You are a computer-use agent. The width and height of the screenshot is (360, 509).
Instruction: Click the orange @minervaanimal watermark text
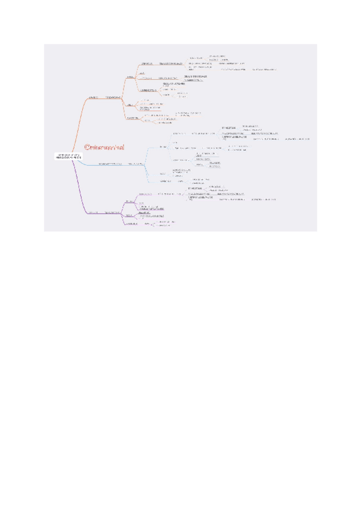tap(108, 146)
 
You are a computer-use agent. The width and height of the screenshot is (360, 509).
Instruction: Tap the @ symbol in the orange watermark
tap(87, 146)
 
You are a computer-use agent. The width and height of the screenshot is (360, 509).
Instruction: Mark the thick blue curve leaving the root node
tap(84, 163)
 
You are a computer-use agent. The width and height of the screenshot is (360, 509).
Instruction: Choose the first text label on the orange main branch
tap(93, 97)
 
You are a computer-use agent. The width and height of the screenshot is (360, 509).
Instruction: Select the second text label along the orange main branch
tap(114, 97)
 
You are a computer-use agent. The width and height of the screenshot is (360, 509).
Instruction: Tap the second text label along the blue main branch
tap(134, 163)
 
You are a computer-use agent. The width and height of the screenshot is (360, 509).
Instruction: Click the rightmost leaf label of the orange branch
tap(264, 70)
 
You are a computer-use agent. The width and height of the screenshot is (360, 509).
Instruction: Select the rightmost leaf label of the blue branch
tap(298, 139)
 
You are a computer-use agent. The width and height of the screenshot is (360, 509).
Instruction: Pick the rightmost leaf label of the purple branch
tap(264, 199)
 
